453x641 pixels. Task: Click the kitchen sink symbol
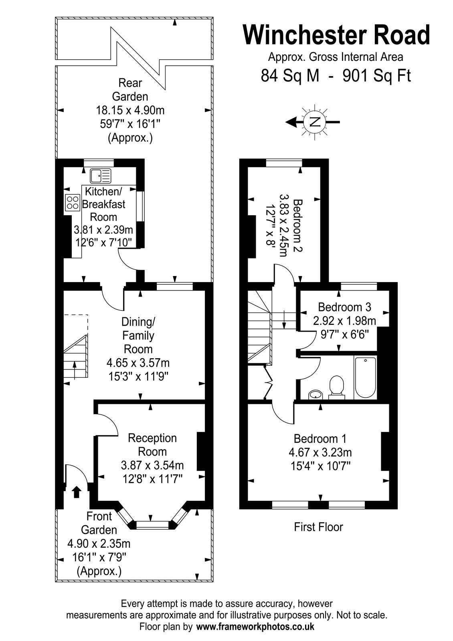100,175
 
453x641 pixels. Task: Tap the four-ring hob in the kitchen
72,202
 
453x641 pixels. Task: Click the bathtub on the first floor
365,377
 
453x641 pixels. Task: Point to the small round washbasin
316,395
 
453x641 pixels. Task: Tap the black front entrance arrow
76,491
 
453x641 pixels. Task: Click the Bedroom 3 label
344,307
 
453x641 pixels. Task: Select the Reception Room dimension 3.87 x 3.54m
152,465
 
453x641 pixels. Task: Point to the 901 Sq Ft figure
376,75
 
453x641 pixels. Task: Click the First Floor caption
318,527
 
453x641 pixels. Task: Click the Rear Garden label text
130,89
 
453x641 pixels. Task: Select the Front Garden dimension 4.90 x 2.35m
99,544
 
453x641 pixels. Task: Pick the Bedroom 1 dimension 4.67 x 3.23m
320,453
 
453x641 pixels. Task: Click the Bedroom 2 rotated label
297,226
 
